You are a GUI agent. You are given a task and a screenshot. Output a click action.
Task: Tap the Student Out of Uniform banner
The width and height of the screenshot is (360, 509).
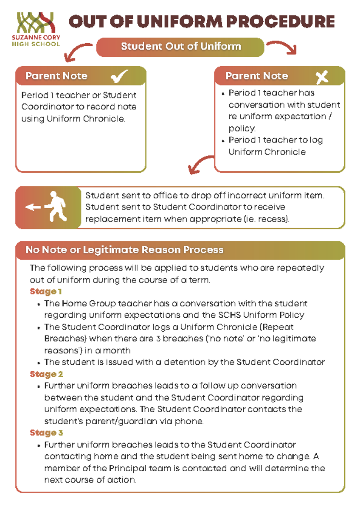(181, 47)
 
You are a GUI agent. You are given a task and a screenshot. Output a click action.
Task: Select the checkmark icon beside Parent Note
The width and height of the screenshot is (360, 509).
(119, 77)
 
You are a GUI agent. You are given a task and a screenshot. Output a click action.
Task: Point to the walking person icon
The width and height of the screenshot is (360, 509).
(57, 207)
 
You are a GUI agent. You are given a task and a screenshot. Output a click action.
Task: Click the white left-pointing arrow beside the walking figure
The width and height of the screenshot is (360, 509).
(32, 207)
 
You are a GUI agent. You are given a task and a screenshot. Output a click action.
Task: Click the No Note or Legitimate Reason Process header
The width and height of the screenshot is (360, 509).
(124, 250)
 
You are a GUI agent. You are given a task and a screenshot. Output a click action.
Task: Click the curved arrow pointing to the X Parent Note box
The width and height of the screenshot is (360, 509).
(282, 47)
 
